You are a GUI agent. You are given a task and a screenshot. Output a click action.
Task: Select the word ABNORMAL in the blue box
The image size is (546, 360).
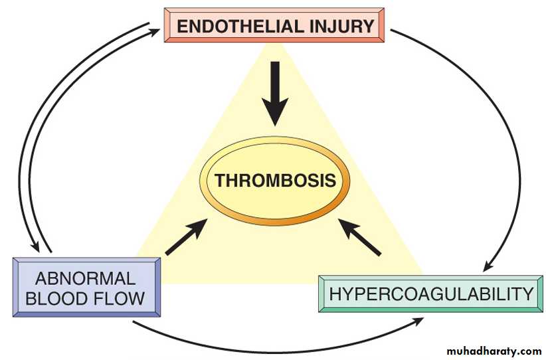pyautogui.click(x=84, y=278)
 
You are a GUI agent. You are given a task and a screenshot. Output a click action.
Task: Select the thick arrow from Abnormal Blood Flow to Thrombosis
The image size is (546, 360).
pyautogui.click(x=185, y=238)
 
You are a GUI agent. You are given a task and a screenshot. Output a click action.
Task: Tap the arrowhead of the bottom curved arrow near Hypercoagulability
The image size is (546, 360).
pyautogui.click(x=420, y=321)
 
